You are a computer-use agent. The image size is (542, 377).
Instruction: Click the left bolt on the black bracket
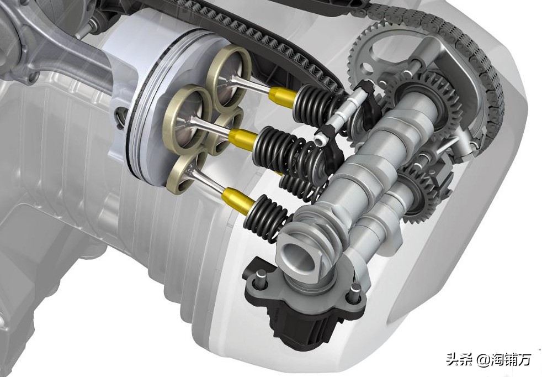coord(260,279)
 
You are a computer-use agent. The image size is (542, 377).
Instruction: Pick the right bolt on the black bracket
coord(354,292)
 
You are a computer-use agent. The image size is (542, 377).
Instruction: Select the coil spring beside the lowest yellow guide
coord(267,217)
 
